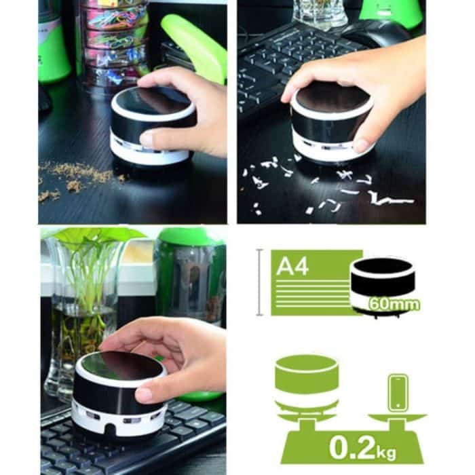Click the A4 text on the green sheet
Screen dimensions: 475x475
click(292, 265)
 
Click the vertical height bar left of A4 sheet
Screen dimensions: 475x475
click(259, 282)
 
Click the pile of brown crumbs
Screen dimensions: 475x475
click(75, 178)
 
